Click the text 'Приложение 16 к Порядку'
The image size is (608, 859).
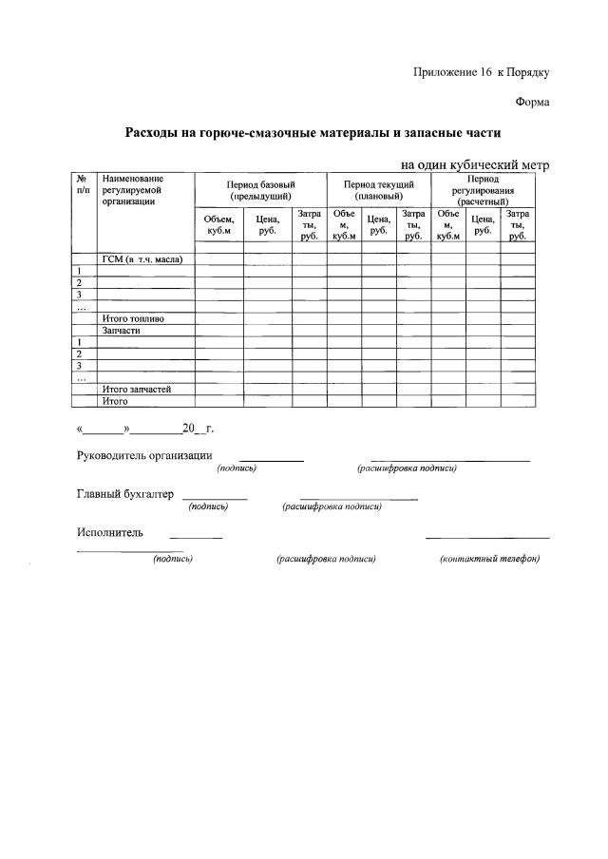pyautogui.click(x=482, y=72)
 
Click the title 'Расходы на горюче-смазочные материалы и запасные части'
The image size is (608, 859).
pyautogui.click(x=313, y=133)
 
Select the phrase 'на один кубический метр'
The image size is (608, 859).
pyautogui.click(x=475, y=164)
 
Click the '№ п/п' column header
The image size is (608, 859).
pyautogui.click(x=83, y=184)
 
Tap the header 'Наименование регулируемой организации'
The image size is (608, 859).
pyautogui.click(x=134, y=190)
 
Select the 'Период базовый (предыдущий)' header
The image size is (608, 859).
pyautogui.click(x=260, y=188)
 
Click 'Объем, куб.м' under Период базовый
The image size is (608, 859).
pyautogui.click(x=218, y=225)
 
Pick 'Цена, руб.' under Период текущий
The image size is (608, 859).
pyautogui.click(x=378, y=225)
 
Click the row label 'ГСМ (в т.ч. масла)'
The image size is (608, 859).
pyautogui.click(x=142, y=258)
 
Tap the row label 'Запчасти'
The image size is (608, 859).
pyautogui.click(x=122, y=330)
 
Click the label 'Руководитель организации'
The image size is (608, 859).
pyautogui.click(x=144, y=455)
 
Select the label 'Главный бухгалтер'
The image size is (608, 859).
pyautogui.click(x=123, y=494)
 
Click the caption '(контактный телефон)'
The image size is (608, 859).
pyautogui.click(x=489, y=559)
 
